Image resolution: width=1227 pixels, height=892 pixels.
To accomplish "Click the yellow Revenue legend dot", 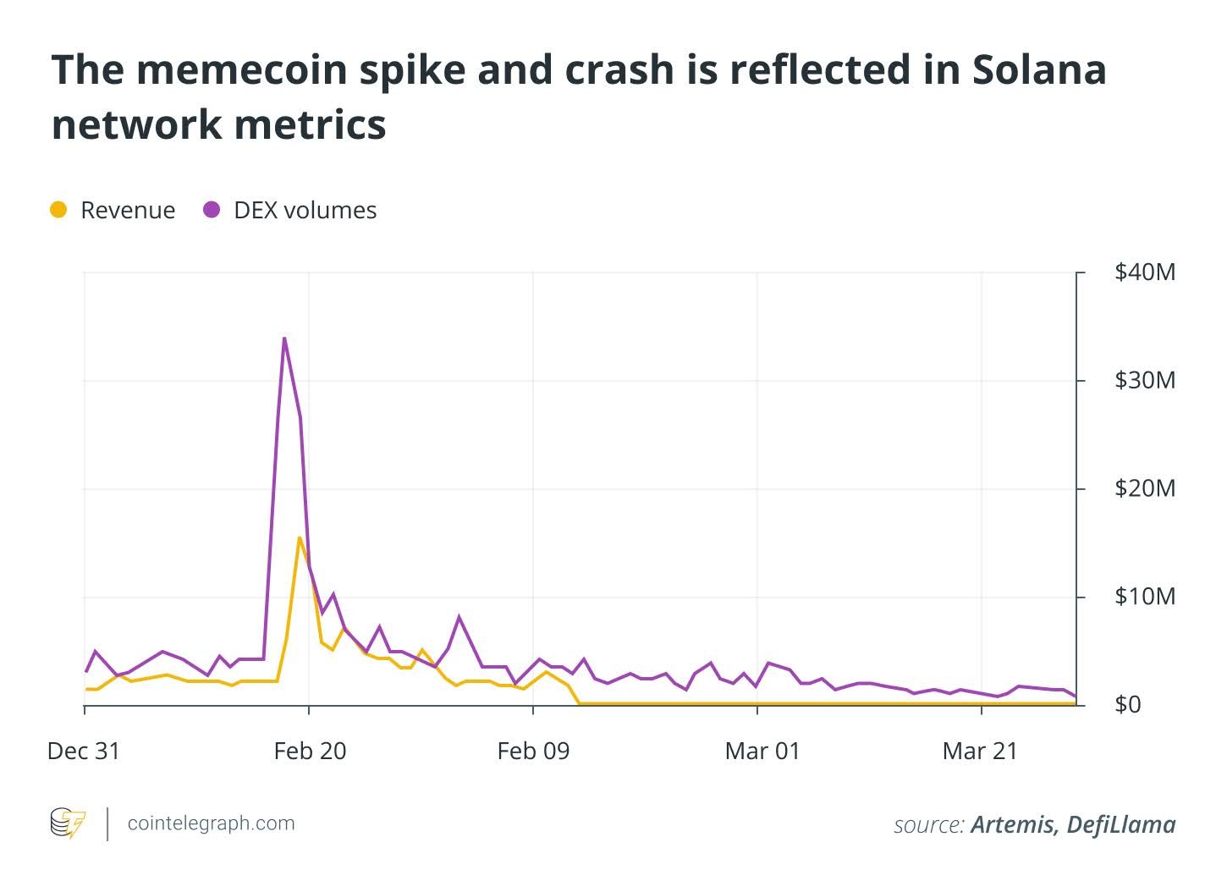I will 58,210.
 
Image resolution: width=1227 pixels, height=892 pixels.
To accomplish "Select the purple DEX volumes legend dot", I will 212,210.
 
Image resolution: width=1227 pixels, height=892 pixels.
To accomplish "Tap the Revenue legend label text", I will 128,210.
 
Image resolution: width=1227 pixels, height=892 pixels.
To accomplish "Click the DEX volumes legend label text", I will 305,210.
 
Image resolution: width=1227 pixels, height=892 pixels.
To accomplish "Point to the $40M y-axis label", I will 1144,273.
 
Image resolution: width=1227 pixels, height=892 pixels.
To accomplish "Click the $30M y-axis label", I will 1144,381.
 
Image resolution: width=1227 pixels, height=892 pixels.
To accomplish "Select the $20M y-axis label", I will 1144,489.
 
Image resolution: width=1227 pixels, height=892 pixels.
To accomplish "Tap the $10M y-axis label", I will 1144,597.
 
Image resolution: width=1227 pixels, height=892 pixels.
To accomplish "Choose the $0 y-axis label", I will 1127,705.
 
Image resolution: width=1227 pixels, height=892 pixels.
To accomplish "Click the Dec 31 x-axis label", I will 84,752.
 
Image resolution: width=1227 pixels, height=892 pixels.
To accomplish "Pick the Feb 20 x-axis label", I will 310,752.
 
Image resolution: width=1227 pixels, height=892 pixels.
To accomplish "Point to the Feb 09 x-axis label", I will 533,752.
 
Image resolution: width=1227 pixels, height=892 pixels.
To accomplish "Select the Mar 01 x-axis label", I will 762,752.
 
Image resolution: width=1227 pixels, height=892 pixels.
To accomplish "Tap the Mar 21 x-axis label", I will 980,752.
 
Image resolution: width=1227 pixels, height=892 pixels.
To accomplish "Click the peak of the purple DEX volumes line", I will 284,339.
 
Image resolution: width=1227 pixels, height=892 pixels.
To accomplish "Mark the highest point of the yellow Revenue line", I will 300,537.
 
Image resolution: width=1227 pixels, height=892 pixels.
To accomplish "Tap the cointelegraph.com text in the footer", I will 211,823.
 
